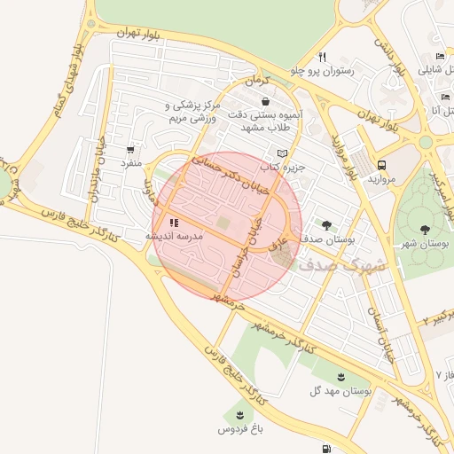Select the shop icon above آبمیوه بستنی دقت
266,101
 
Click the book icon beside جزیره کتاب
282,153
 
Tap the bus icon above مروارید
382,165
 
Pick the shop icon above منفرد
131,151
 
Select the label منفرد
131,164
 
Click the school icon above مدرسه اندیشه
174,223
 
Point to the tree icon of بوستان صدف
326,225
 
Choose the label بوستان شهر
422,243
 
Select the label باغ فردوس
242,429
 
